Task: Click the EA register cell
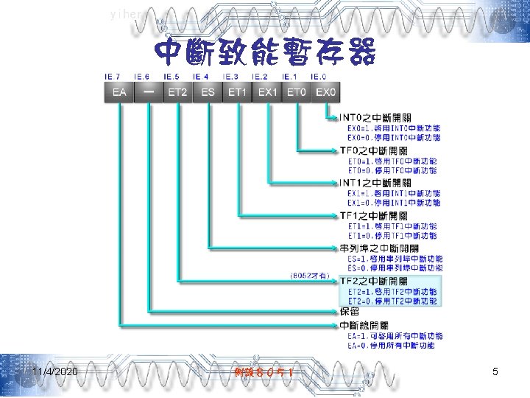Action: [x=119, y=92]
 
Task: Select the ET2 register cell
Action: [x=177, y=92]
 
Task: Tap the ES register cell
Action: [x=208, y=92]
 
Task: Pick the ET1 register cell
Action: [x=237, y=92]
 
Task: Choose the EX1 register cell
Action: [x=266, y=92]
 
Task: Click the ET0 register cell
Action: [x=296, y=92]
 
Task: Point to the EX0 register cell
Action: [x=325, y=92]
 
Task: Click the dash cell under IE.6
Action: [x=149, y=92]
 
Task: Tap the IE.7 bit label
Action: [x=113, y=77]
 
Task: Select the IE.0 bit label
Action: [x=319, y=77]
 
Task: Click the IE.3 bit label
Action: [x=230, y=77]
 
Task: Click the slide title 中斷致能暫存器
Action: [x=265, y=52]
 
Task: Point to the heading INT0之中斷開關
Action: [x=375, y=116]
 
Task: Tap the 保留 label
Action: [x=350, y=311]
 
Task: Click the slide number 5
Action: [x=495, y=371]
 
